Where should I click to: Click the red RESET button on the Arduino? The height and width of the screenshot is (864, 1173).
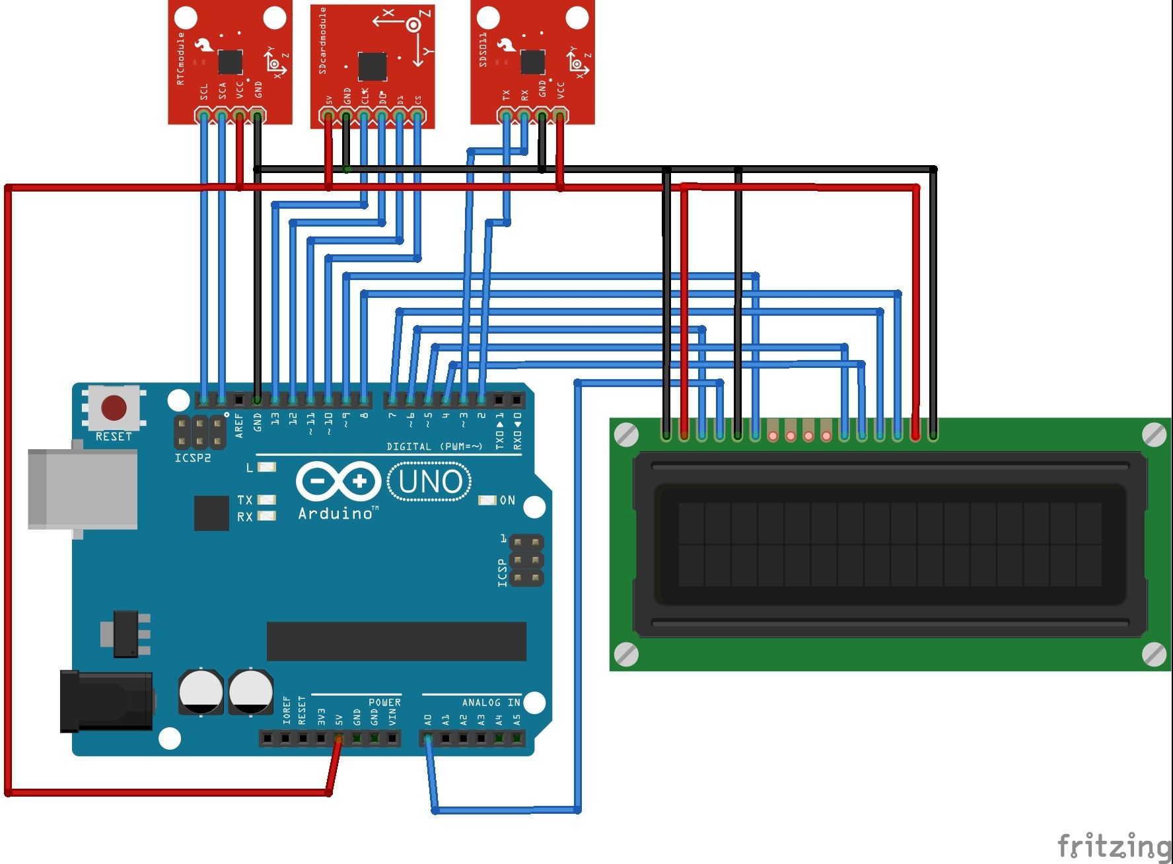click(114, 408)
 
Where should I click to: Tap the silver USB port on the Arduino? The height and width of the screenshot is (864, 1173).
click(83, 489)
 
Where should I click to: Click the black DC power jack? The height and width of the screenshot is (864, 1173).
click(106, 702)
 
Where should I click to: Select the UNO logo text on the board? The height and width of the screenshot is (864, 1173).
click(430, 482)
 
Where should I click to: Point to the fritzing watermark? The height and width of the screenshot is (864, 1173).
click(1113, 846)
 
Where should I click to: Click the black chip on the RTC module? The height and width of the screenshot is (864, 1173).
click(230, 62)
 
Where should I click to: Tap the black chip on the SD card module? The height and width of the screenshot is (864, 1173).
click(373, 66)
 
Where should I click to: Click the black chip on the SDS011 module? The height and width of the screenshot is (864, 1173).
click(532, 62)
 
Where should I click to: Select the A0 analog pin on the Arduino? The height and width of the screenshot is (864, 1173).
click(428, 738)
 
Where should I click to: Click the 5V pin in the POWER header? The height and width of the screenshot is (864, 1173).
click(339, 738)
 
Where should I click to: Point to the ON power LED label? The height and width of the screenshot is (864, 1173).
click(507, 500)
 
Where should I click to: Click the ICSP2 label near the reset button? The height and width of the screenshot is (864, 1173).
click(192, 458)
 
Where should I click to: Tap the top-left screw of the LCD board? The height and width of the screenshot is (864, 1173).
click(626, 434)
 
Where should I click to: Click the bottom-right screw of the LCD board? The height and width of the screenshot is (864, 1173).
click(1153, 654)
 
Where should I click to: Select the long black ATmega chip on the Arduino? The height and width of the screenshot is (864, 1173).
click(396, 641)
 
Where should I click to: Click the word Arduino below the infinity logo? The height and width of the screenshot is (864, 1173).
click(336, 513)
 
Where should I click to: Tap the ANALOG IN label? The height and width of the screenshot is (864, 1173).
click(491, 702)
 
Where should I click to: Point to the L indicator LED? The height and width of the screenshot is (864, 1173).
click(266, 468)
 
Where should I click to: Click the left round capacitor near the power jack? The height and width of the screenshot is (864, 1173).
click(201, 692)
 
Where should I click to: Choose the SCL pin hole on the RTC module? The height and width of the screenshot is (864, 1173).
click(203, 117)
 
